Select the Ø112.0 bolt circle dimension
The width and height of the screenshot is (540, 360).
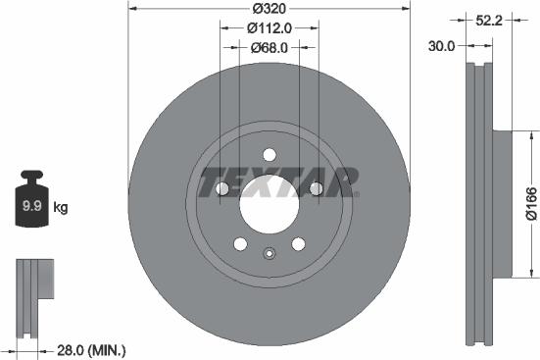(x=268, y=29)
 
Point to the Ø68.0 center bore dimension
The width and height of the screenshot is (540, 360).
(x=268, y=47)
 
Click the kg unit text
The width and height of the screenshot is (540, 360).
(x=60, y=207)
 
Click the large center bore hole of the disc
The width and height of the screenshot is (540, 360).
(x=268, y=201)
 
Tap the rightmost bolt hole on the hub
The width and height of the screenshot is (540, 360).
(x=316, y=189)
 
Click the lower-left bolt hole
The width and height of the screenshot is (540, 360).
(x=238, y=244)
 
